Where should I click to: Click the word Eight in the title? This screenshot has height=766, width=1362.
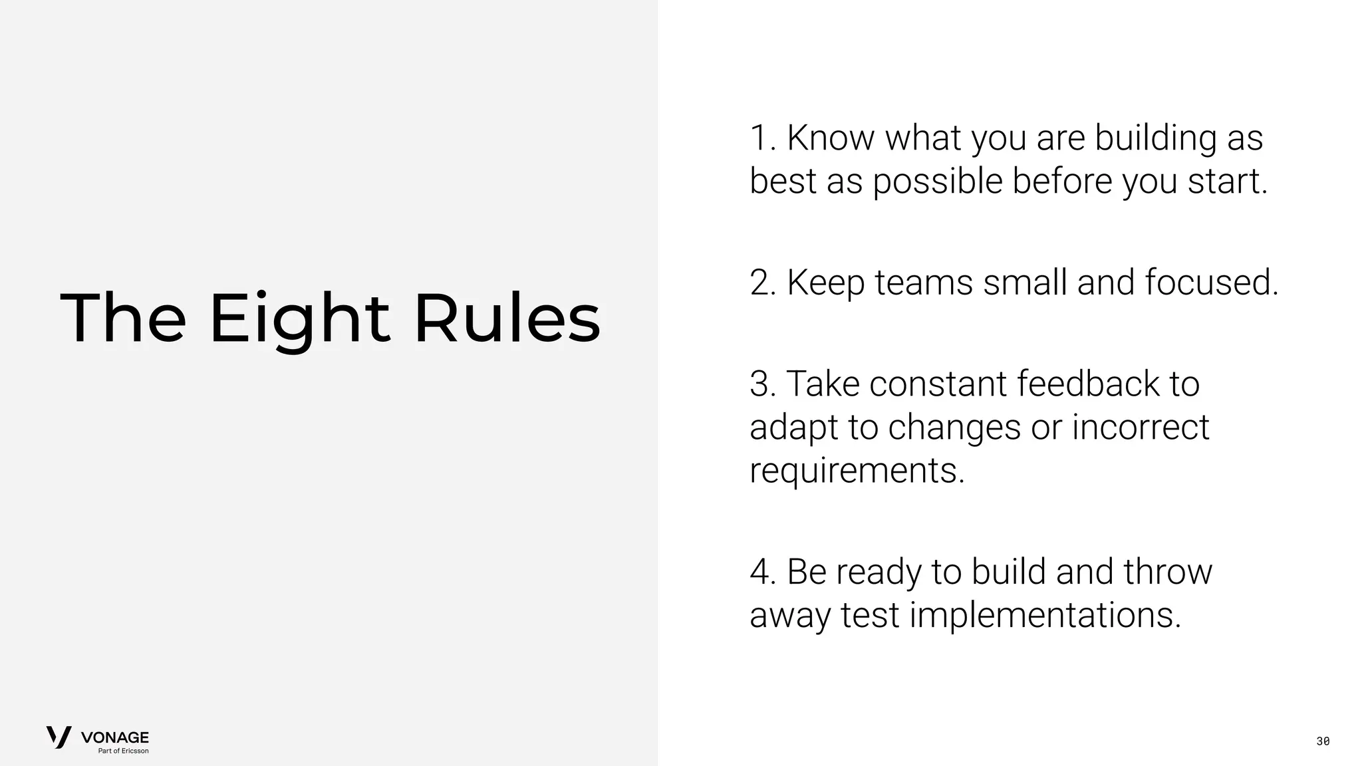pyautogui.click(x=299, y=319)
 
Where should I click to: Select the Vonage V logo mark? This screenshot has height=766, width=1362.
pyautogui.click(x=59, y=737)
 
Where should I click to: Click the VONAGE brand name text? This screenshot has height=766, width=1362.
pyautogui.click(x=115, y=737)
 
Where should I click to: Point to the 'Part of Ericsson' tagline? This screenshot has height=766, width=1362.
pyautogui.click(x=124, y=751)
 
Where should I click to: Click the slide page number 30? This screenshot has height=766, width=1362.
pyautogui.click(x=1323, y=741)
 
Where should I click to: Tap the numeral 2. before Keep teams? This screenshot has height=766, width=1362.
pyautogui.click(x=763, y=283)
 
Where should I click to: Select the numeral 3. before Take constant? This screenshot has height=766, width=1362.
pyautogui.click(x=763, y=384)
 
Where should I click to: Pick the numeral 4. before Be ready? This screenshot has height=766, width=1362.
pyautogui.click(x=763, y=572)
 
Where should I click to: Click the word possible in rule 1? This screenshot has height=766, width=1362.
pyautogui.click(x=937, y=182)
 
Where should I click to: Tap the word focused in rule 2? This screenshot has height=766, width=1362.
pyautogui.click(x=1211, y=283)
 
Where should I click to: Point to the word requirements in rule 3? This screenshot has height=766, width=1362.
pyautogui.click(x=857, y=471)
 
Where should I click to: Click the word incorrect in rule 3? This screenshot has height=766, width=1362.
pyautogui.click(x=1140, y=427)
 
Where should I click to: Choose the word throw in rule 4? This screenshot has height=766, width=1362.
pyautogui.click(x=1168, y=572)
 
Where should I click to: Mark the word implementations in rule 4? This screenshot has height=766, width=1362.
pyautogui.click(x=1045, y=615)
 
